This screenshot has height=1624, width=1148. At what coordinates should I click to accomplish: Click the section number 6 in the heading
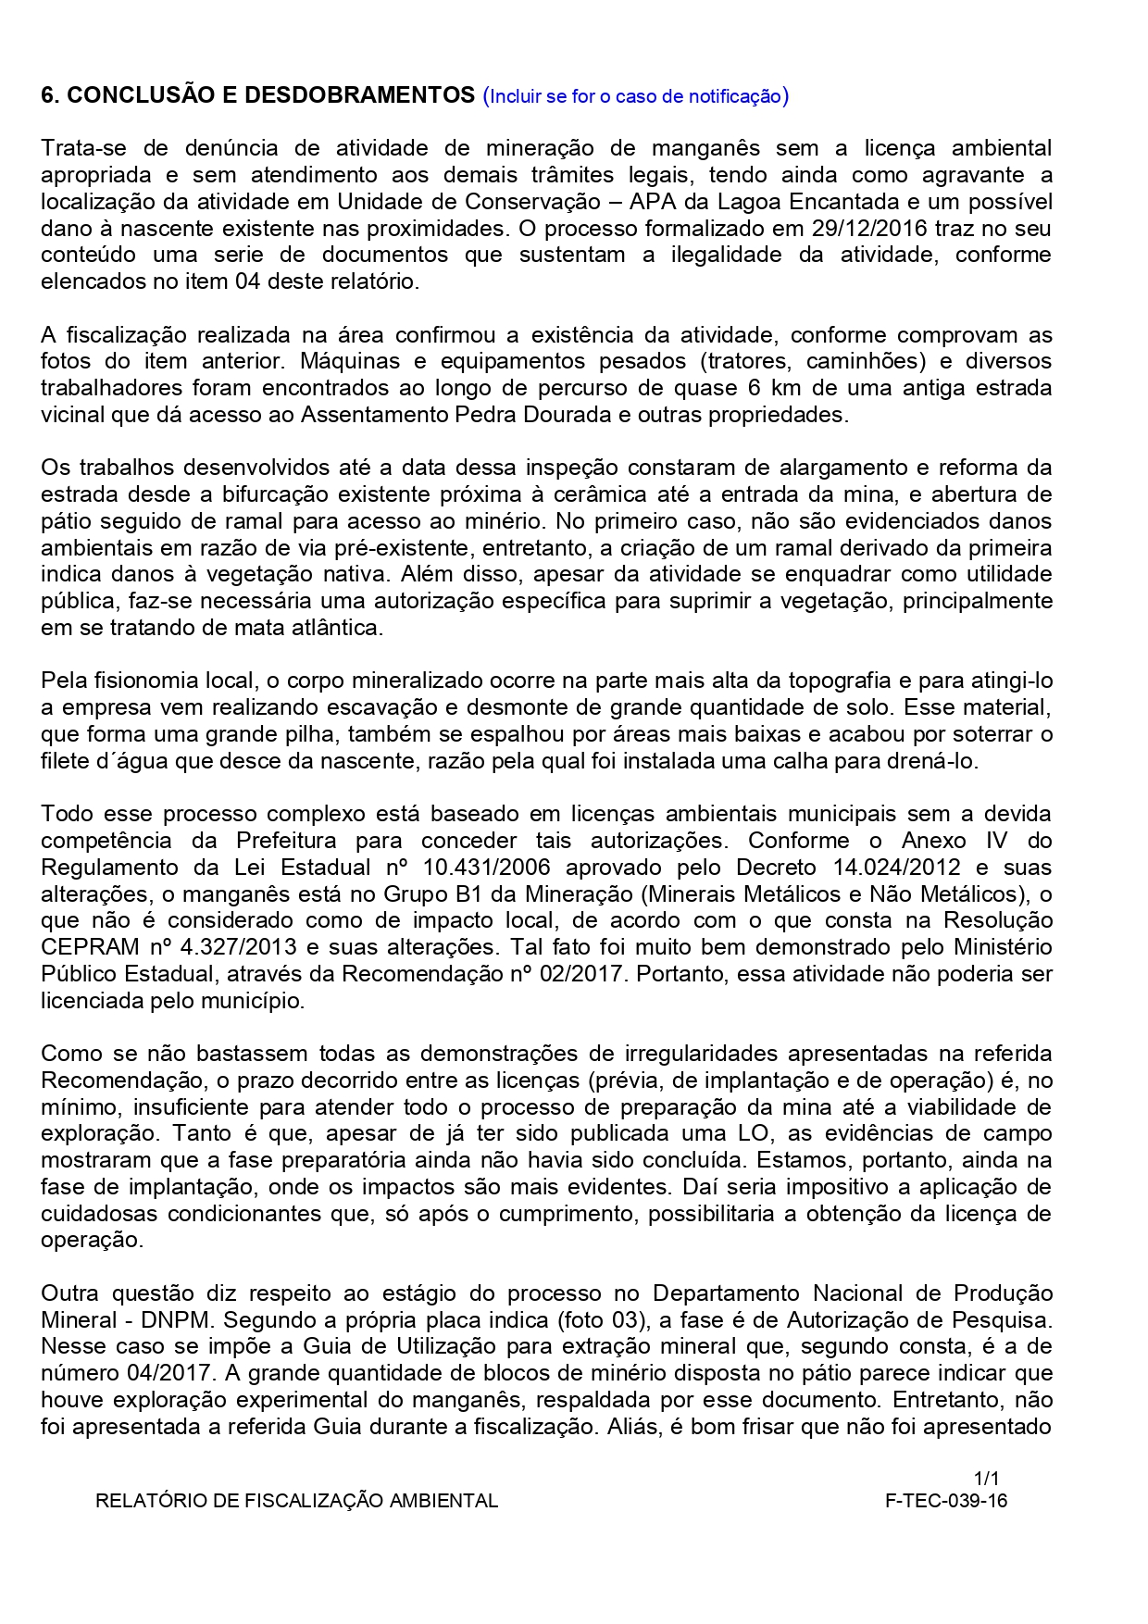click(48, 95)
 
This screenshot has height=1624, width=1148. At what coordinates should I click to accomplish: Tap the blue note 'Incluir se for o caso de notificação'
click(636, 96)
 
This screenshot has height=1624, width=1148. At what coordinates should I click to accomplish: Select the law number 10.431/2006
click(486, 868)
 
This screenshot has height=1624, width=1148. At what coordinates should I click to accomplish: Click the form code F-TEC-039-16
click(946, 1501)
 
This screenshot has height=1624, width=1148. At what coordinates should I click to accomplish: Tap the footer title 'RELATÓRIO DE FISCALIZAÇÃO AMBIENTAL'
click(296, 1501)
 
